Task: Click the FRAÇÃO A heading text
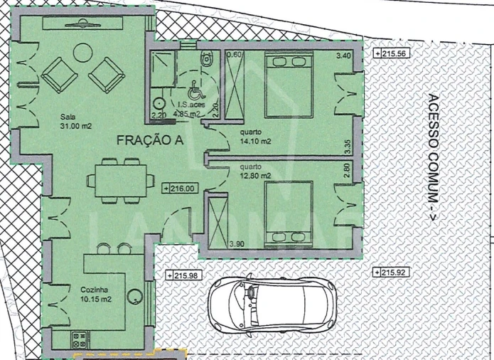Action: pos(149,141)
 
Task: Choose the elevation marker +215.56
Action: pos(391,53)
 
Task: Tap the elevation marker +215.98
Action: pos(183,275)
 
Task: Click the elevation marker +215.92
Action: pos(390,272)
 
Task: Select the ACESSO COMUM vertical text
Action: pos(433,159)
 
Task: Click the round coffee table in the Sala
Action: pos(82,52)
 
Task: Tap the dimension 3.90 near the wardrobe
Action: pos(237,244)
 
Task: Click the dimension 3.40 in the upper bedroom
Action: pos(343,55)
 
